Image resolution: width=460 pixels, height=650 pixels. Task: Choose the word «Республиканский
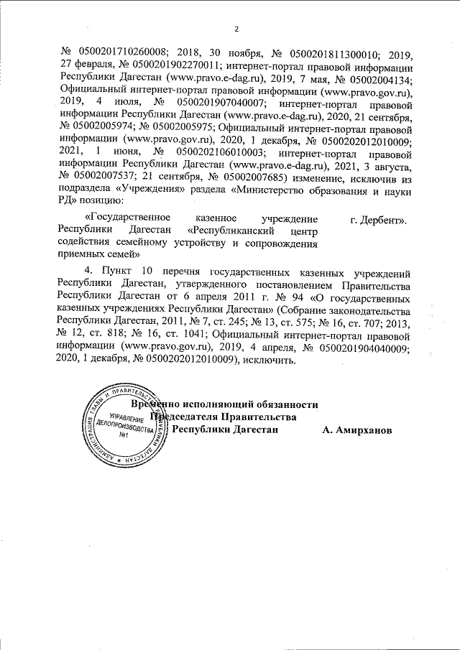click(229, 230)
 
